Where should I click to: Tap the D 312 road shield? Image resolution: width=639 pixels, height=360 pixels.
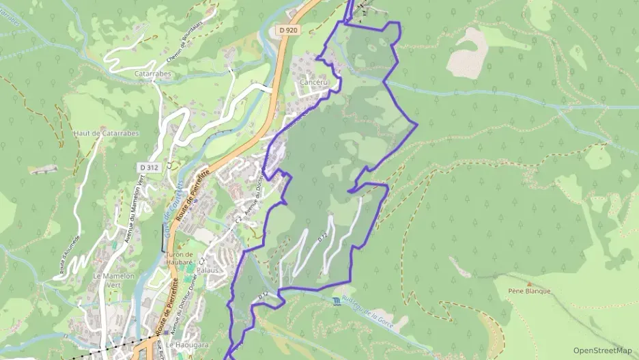pyautogui.click(x=149, y=167)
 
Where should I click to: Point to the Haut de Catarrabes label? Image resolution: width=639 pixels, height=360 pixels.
pyautogui.click(x=106, y=133)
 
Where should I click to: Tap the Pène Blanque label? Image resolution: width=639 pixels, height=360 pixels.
pyautogui.click(x=529, y=291)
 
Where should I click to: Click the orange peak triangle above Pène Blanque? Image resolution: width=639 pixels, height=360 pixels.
pyautogui.click(x=529, y=283)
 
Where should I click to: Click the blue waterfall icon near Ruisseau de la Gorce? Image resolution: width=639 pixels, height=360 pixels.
pyautogui.click(x=336, y=301)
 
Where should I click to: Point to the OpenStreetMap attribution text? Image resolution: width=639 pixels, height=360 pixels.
pyautogui.click(x=603, y=350)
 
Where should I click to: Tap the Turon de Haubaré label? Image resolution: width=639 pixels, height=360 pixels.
pyautogui.click(x=185, y=259)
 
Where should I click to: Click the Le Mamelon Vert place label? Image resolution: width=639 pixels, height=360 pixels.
pyautogui.click(x=114, y=280)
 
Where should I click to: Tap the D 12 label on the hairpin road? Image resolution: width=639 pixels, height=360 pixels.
pyautogui.click(x=323, y=236)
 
